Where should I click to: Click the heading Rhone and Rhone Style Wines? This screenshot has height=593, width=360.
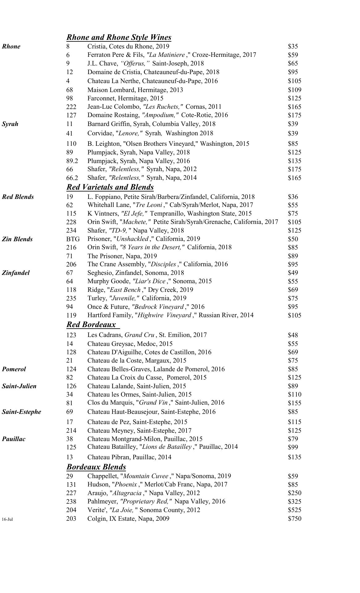(x=119, y=37)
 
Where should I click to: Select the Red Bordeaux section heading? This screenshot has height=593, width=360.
(x=91, y=325)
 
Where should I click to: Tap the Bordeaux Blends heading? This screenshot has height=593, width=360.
(x=96, y=467)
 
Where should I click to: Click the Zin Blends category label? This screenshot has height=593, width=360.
(x=17, y=239)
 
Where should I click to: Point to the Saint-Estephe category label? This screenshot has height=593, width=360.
(x=21, y=412)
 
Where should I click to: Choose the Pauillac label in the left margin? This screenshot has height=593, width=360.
(x=14, y=439)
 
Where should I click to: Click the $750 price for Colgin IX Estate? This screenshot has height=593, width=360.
(x=294, y=519)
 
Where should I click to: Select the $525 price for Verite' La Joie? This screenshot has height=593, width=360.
(x=294, y=510)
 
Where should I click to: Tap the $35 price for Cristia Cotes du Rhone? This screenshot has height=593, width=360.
(x=293, y=47)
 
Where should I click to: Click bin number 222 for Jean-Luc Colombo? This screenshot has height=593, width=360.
(x=71, y=107)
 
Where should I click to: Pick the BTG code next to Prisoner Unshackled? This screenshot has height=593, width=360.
(x=73, y=239)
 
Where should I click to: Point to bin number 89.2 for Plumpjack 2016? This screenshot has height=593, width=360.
(x=72, y=161)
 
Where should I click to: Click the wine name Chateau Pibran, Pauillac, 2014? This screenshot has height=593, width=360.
(x=129, y=457)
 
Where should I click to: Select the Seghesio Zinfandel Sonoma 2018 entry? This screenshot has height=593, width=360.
(x=136, y=273)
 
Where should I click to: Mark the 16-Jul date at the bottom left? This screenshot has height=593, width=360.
(x=7, y=519)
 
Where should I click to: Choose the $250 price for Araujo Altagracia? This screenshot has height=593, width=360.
(x=294, y=493)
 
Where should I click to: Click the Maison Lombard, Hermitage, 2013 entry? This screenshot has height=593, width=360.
(x=135, y=90)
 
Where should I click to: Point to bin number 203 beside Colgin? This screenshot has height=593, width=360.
(x=71, y=519)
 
